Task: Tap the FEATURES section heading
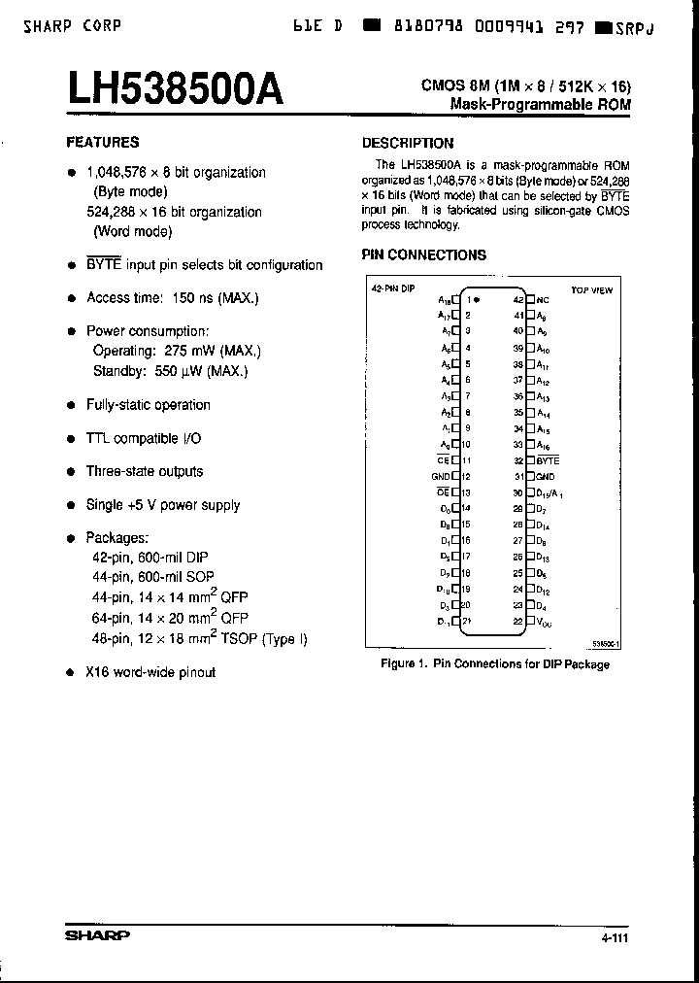102,142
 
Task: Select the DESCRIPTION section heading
407,143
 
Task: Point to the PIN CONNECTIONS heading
423,255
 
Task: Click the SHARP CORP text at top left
73,26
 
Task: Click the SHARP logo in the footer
97,935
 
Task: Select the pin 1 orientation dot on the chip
478,300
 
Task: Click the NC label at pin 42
543,300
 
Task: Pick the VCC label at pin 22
544,622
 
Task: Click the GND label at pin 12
441,477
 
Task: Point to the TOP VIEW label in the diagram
591,289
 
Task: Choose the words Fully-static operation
148,405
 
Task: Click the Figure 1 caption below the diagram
493,664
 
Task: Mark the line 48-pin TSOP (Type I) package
197,638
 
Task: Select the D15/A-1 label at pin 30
549,492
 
